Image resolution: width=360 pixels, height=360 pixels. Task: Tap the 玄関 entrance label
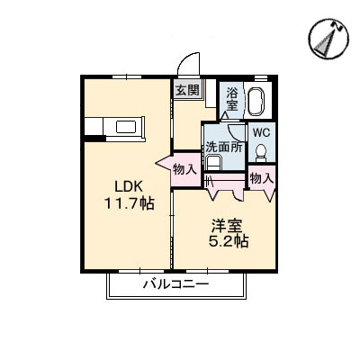point(186,90)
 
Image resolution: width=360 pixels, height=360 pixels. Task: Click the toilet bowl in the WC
point(261,151)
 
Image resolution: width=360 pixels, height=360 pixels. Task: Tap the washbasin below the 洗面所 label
point(213,162)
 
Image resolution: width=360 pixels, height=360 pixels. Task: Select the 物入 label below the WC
point(262,179)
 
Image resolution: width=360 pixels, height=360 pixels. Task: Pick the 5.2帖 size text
point(229,242)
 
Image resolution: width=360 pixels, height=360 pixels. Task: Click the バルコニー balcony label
point(175,285)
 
